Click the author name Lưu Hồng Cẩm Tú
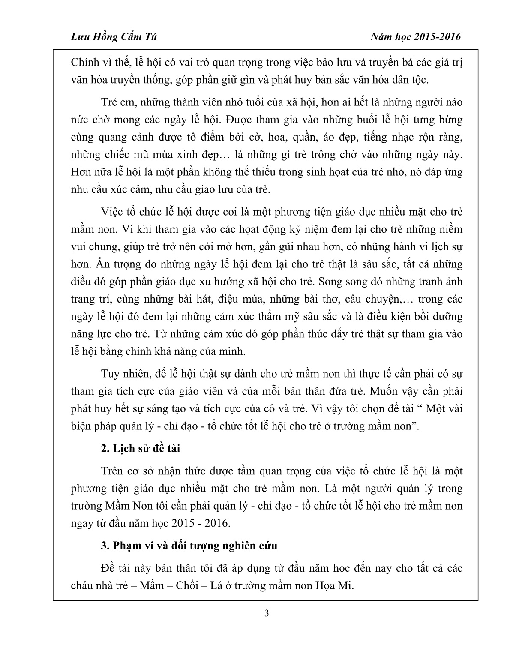point(113,37)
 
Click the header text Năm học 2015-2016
point(416,37)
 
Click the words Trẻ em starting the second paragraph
point(114,102)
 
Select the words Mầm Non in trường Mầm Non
point(124,506)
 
